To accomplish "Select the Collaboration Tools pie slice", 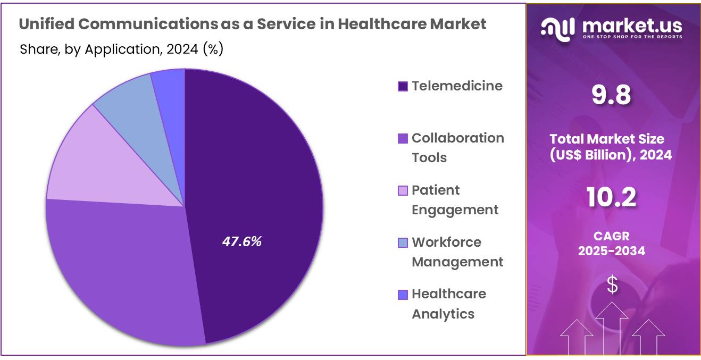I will tap(122, 266).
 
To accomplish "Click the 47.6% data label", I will tap(241, 241).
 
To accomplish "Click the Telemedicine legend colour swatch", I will tap(403, 86).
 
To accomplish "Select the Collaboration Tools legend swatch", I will tap(403, 138).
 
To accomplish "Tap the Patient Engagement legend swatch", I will tap(403, 190).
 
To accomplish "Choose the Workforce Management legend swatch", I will tap(403, 242).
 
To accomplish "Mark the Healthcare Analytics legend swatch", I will tap(403, 294).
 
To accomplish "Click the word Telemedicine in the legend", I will tap(457, 86).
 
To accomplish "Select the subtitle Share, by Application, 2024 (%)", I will tap(121, 49).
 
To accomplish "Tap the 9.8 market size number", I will tap(612, 96).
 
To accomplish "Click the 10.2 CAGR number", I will tap(612, 198).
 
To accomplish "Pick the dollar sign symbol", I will tap(613, 286).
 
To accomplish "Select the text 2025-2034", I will tap(612, 251).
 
